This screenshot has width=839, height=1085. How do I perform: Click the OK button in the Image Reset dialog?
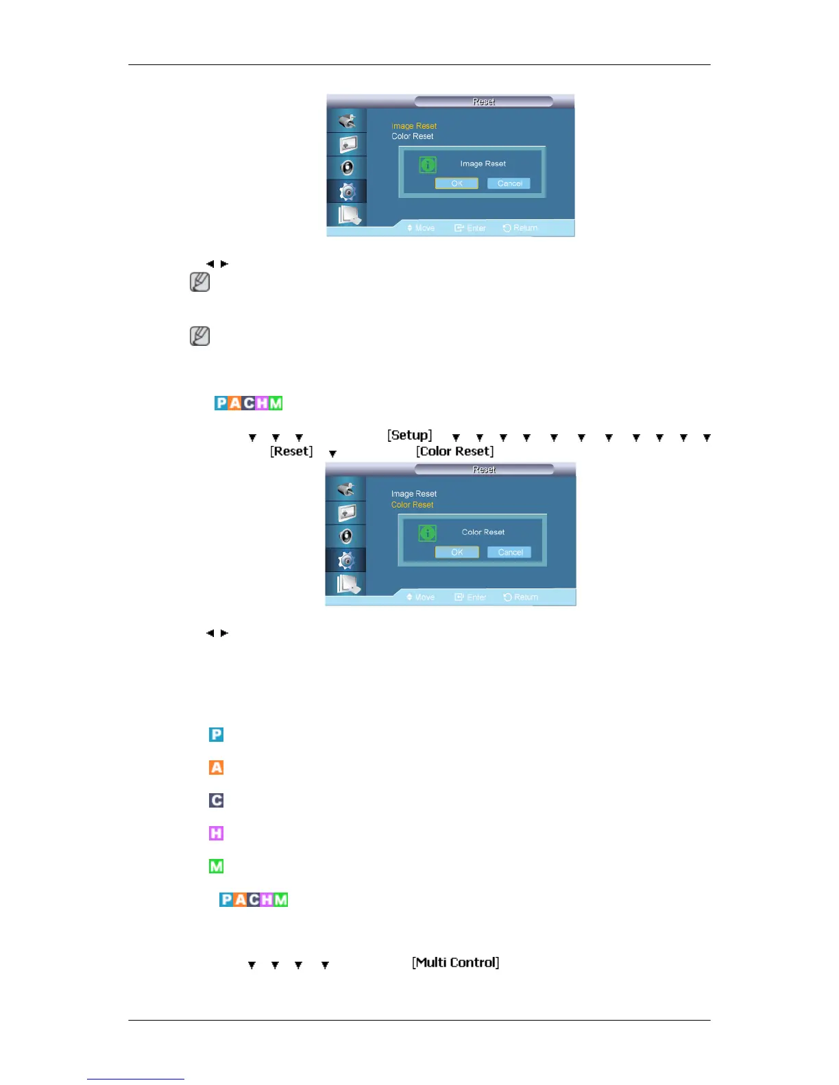[x=457, y=184]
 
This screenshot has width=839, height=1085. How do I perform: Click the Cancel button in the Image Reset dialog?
[x=509, y=184]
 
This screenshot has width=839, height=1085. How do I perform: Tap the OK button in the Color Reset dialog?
[x=457, y=552]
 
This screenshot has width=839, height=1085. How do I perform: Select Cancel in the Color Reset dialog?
[x=509, y=552]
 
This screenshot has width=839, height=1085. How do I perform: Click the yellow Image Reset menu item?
[x=414, y=126]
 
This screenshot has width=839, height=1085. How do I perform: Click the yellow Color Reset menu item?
[x=412, y=505]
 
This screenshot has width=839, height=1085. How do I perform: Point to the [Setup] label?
[x=410, y=436]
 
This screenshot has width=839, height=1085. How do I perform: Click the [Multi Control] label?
[x=455, y=962]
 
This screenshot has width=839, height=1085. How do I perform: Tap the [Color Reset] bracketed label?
[x=454, y=451]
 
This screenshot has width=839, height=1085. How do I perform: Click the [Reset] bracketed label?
[x=291, y=451]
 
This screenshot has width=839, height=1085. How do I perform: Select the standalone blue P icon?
[x=217, y=734]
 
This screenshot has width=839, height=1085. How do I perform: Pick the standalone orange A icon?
[x=217, y=767]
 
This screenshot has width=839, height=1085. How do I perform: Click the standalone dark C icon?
[x=217, y=800]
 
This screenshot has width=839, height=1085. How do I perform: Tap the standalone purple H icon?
[x=217, y=833]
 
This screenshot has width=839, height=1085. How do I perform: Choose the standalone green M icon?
[x=217, y=866]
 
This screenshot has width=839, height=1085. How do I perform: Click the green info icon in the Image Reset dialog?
[x=428, y=164]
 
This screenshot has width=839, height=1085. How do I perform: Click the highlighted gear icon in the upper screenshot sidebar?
[x=348, y=192]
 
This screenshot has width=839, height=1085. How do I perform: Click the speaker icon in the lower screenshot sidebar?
[x=347, y=536]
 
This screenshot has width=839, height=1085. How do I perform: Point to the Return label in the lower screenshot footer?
[x=526, y=597]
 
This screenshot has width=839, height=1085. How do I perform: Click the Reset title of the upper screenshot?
[x=483, y=102]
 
